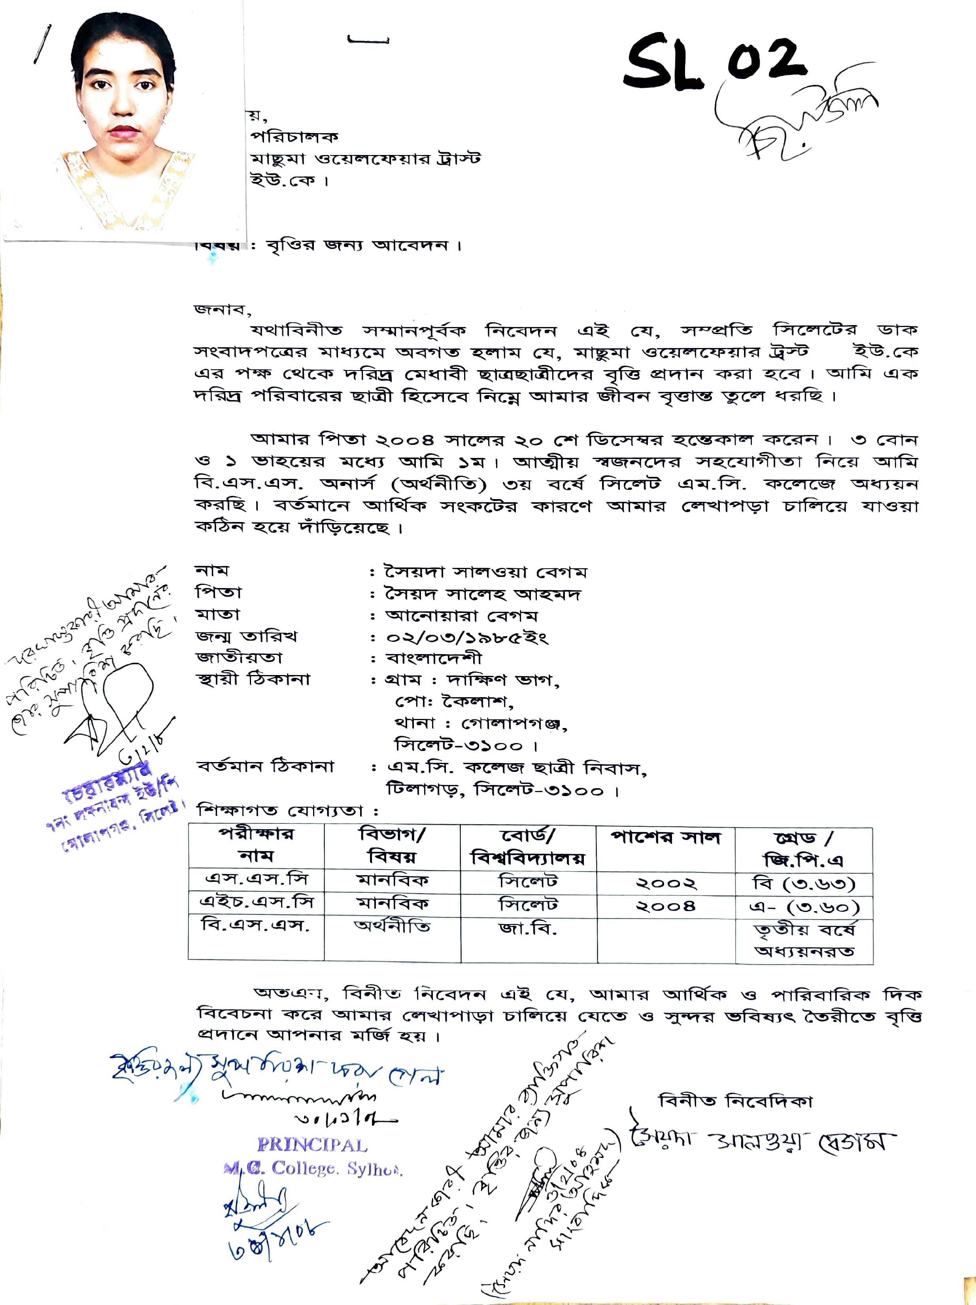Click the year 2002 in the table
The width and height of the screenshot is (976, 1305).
666,883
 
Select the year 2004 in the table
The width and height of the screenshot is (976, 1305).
666,906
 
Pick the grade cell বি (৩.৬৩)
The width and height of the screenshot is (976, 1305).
804,883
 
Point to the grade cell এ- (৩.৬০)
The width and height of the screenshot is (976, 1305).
804,907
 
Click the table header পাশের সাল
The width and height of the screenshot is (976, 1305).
666,838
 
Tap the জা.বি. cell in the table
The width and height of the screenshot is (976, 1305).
528,929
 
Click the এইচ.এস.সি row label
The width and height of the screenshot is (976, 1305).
257,903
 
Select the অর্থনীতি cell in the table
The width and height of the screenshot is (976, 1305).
392,926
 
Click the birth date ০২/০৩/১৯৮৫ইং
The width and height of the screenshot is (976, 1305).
467,638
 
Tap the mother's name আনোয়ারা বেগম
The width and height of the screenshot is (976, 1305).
461,616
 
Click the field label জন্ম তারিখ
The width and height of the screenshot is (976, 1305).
247,637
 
